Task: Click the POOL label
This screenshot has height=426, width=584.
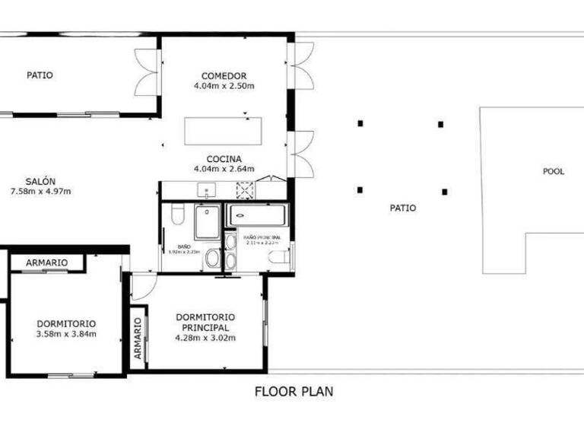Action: coord(553,172)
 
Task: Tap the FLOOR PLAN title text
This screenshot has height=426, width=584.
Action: coord(294,392)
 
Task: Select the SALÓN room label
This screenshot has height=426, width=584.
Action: coord(40,181)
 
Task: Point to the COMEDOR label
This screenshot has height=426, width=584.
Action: coord(224,75)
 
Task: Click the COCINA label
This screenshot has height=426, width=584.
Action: coord(224,159)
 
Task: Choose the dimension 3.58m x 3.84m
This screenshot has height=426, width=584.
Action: coord(65,333)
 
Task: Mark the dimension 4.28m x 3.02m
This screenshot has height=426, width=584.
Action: coord(205,338)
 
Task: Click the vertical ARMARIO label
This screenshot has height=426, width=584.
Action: coord(138,338)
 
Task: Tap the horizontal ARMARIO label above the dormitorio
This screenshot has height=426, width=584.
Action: coord(46,263)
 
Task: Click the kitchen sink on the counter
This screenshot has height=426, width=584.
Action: coord(206,190)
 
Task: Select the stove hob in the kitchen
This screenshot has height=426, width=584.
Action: coord(245,190)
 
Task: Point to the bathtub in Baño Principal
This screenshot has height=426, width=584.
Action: coord(259,215)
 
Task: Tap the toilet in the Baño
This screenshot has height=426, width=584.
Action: coord(177,215)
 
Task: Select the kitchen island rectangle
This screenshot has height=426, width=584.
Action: coord(224,131)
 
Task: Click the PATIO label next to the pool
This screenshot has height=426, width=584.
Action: coord(403,208)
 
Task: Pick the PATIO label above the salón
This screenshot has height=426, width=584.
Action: coord(40,75)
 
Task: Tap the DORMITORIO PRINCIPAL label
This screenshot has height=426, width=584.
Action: coord(205,323)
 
